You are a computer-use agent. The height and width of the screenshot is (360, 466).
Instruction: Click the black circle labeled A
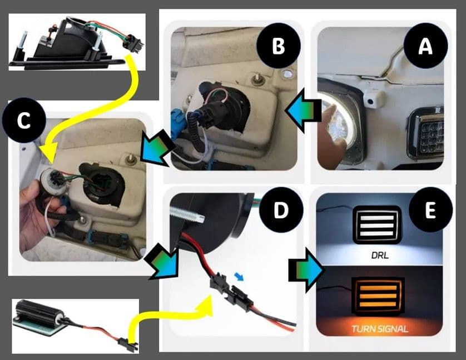click(x=425, y=47)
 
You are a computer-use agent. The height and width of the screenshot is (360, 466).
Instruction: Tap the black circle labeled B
click(x=279, y=46)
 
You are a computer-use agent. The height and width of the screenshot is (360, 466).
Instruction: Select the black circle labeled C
click(x=24, y=121)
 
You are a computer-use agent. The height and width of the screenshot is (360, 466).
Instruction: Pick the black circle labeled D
click(x=281, y=209)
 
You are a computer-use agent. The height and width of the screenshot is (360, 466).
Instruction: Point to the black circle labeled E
click(x=430, y=209)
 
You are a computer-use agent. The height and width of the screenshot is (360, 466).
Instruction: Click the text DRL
click(x=380, y=255)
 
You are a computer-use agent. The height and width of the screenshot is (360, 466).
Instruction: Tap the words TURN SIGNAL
click(x=380, y=329)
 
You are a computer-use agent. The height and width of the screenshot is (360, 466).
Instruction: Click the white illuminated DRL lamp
click(x=377, y=224)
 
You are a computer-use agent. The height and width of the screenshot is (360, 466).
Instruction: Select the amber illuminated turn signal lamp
click(x=378, y=296)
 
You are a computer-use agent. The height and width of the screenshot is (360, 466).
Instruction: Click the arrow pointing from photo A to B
click(x=303, y=110)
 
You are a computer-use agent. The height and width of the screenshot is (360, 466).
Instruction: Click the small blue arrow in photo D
click(x=239, y=276)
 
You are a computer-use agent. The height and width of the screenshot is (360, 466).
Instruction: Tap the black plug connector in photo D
click(x=231, y=292)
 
